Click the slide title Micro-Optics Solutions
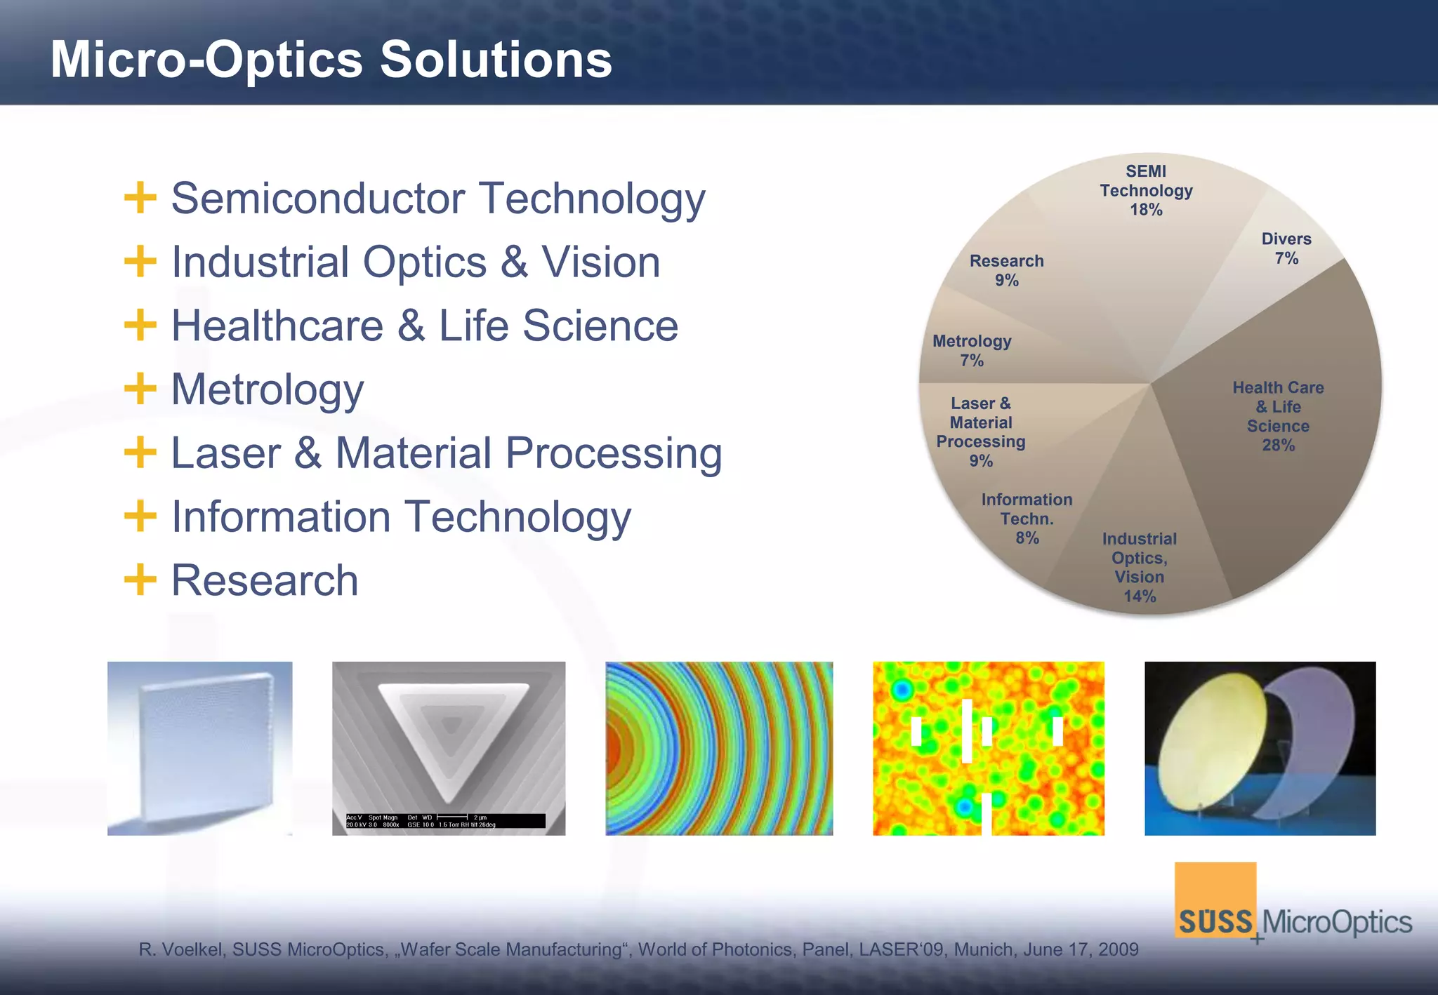coord(331,60)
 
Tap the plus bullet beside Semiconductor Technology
coord(140,198)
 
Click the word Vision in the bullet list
coord(600,262)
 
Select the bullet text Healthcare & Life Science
coord(424,326)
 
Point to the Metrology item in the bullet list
coord(267,390)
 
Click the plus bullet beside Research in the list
coord(140,580)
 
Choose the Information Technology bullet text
coord(401,517)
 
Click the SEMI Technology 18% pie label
coord(1146,190)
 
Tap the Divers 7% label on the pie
coord(1286,248)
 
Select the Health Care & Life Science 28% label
coord(1278,416)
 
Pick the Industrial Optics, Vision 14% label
coord(1139,567)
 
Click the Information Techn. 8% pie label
coord(1027,519)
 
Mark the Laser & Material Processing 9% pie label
coord(981,432)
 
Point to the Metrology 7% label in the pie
coord(972,350)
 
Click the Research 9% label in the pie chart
coord(1006,270)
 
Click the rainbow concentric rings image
coord(719,748)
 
